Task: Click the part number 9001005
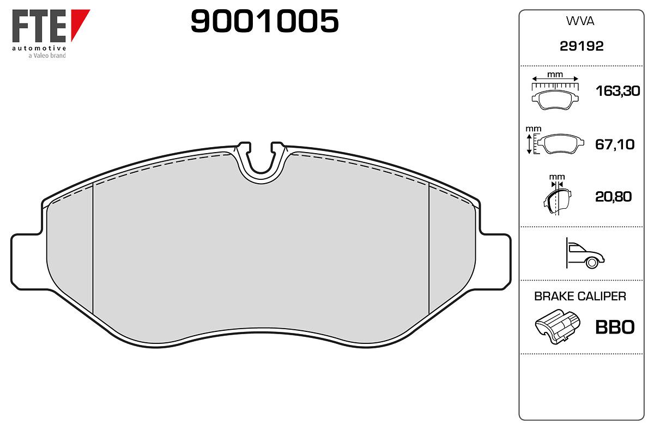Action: (x=264, y=21)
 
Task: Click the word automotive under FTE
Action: (x=39, y=48)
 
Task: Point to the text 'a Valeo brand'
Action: (x=47, y=56)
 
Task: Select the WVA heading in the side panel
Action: (x=580, y=21)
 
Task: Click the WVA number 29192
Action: (x=582, y=46)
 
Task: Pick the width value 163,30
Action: (x=617, y=91)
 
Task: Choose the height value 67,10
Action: (x=615, y=144)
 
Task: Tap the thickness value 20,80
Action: (x=613, y=197)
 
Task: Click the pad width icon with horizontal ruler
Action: (x=555, y=91)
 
